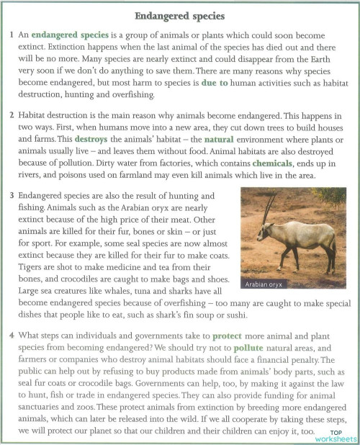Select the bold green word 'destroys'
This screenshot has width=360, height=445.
tap(94, 138)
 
